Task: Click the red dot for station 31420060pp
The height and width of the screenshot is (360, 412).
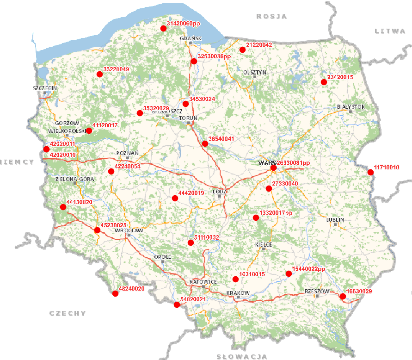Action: [163, 29]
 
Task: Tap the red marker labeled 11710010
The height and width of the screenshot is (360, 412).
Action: [370, 173]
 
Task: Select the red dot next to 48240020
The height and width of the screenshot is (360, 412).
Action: [115, 293]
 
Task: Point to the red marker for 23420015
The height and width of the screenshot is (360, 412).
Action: [324, 82]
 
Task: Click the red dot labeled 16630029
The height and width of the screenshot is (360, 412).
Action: [343, 296]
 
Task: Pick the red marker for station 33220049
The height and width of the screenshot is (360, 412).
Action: [99, 74]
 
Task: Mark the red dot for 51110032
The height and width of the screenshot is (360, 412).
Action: [191, 242]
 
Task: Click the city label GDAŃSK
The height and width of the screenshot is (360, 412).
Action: [191, 38]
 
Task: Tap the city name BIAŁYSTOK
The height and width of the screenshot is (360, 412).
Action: [351, 106]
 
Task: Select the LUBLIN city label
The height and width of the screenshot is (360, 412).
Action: [335, 220]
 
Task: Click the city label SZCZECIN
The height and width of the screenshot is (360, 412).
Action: [45, 87]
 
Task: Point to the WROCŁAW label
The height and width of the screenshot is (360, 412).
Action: [129, 230]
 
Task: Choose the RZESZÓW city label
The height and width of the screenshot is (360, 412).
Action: [316, 292]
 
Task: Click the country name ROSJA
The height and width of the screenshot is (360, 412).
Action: [271, 16]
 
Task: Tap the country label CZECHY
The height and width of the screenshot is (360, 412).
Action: [68, 313]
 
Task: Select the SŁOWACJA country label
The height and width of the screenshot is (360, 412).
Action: [241, 356]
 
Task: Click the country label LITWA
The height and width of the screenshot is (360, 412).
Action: [389, 31]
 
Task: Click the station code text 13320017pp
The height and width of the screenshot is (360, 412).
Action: [277, 213]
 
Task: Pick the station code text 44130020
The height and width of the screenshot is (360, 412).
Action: [80, 202]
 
